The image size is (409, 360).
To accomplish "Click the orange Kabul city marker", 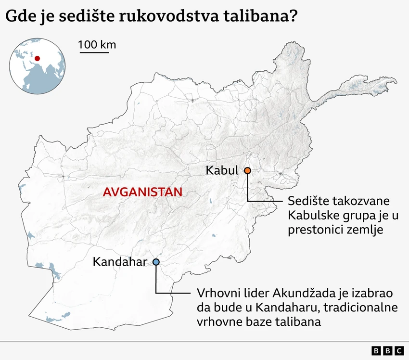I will pyautogui.click(x=247, y=170).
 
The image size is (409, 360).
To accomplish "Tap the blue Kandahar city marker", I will pyautogui.click(x=156, y=262).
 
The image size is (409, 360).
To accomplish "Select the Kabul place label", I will pyautogui.click(x=222, y=170).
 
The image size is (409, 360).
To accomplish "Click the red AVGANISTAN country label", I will pyautogui.click(x=142, y=192).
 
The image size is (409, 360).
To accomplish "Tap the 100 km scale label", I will pyautogui.click(x=97, y=45).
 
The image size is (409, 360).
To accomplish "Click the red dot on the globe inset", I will pyautogui.click(x=37, y=59).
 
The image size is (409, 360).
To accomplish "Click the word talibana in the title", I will pyautogui.click(x=253, y=17).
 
